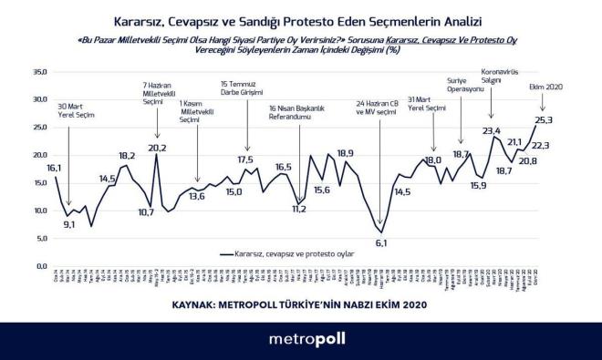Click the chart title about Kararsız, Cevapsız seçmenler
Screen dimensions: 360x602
tap(300, 18)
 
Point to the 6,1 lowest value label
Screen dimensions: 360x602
tap(381, 243)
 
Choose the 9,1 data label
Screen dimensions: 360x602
tap(70, 224)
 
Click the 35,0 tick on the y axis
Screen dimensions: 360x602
tap(38, 71)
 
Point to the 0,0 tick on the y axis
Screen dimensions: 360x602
tap(40, 266)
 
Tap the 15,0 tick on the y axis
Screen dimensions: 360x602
tap(38, 182)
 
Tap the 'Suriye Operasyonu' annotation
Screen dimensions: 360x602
tap(459, 85)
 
